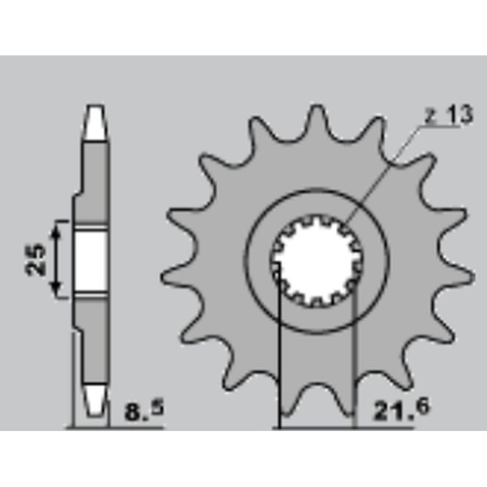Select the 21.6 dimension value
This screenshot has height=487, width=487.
(399, 410)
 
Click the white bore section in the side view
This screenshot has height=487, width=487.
(91, 260)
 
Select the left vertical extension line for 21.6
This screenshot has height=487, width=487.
(279, 359)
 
